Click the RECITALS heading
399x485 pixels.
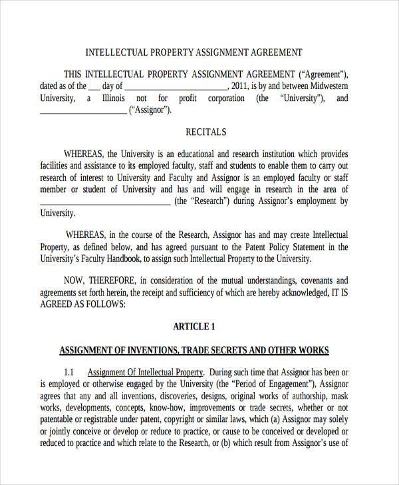tap(205, 132)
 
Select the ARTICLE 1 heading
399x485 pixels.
tap(194, 326)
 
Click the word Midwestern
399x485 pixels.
tap(323, 86)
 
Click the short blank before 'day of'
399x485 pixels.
tap(94, 87)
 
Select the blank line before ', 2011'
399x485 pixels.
tap(176, 87)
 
